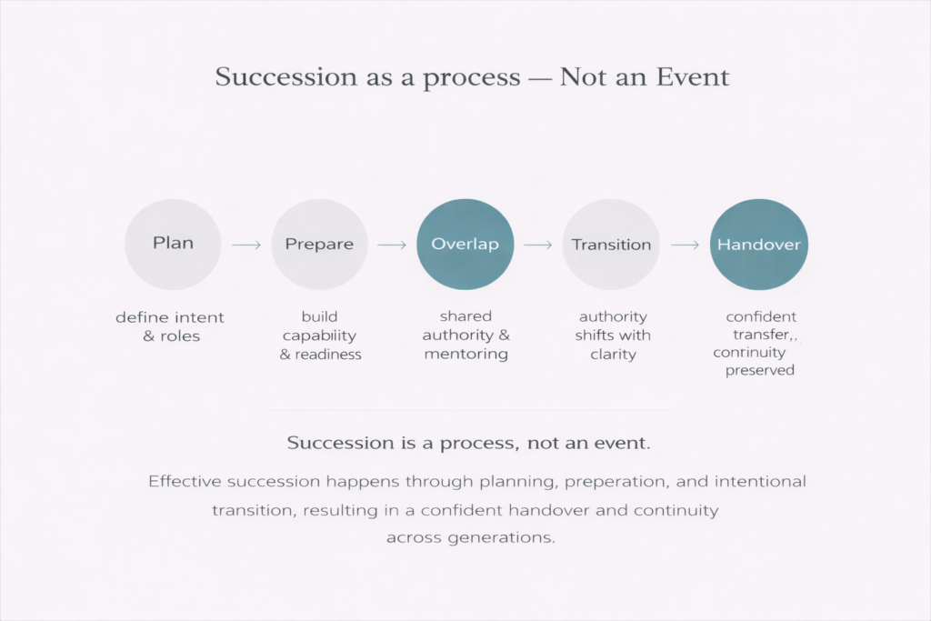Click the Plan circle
(x=173, y=244)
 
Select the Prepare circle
(x=319, y=244)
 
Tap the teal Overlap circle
(x=465, y=244)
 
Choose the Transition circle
(x=611, y=244)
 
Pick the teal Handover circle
(x=759, y=244)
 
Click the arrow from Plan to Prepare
(x=246, y=245)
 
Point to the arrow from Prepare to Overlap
(x=392, y=245)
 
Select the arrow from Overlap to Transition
(x=538, y=245)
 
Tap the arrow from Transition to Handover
(x=685, y=245)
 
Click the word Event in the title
(x=692, y=77)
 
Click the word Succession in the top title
(x=286, y=77)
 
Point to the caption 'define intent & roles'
(x=170, y=326)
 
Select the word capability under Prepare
(x=319, y=336)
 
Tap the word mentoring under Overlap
(x=466, y=355)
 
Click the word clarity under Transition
(x=614, y=355)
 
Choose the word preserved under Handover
(x=760, y=370)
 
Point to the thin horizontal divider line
(x=468, y=410)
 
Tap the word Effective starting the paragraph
(x=185, y=481)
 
